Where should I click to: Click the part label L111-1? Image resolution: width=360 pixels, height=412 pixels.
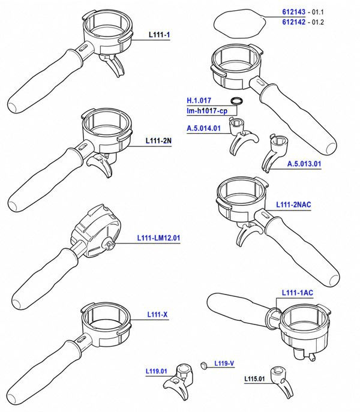(160, 35)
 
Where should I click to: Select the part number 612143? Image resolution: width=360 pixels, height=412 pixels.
(294, 12)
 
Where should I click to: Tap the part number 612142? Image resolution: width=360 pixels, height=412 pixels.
(294, 22)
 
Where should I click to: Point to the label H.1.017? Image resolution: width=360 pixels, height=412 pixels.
(199, 100)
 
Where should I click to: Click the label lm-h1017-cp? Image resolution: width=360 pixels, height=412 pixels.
(207, 111)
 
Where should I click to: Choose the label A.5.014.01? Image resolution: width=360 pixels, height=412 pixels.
(203, 128)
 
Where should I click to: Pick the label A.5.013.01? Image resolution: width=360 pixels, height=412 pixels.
(304, 164)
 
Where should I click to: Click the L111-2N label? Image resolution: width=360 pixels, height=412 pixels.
(158, 141)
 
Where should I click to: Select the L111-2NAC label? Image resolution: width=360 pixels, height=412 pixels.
(293, 205)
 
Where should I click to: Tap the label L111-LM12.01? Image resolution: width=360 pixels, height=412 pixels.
(158, 238)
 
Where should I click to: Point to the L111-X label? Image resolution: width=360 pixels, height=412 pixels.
(157, 314)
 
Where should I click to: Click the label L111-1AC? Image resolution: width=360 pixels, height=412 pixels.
(298, 293)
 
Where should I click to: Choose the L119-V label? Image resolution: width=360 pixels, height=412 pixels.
(224, 363)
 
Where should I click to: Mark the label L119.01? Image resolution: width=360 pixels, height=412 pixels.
(157, 371)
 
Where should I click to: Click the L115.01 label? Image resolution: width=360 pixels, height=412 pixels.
(254, 379)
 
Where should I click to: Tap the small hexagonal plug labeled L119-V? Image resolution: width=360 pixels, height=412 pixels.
(203, 365)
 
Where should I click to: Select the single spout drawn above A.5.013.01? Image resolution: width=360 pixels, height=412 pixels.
(274, 152)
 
